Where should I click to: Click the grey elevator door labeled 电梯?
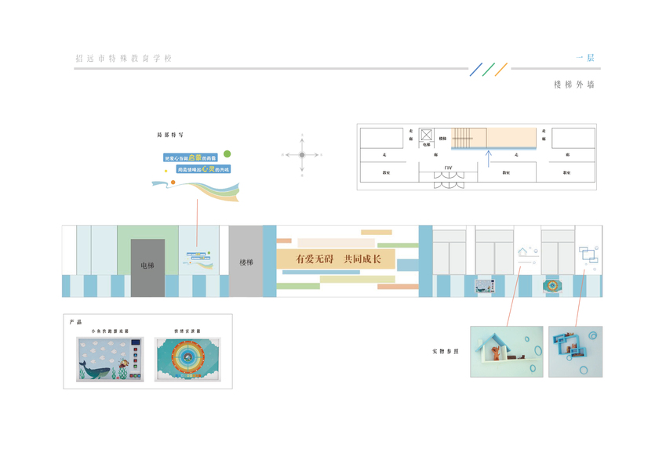147,266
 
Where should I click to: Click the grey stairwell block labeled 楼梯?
246,262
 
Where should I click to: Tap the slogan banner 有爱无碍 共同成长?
338,258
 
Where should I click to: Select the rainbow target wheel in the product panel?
187,359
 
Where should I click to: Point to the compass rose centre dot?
301,155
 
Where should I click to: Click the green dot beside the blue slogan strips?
227,154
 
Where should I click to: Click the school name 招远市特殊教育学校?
122,59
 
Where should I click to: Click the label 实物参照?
445,351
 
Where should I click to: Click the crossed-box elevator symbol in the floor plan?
426,135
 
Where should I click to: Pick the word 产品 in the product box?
75,322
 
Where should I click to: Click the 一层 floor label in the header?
585,58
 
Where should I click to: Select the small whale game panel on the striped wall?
483,287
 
